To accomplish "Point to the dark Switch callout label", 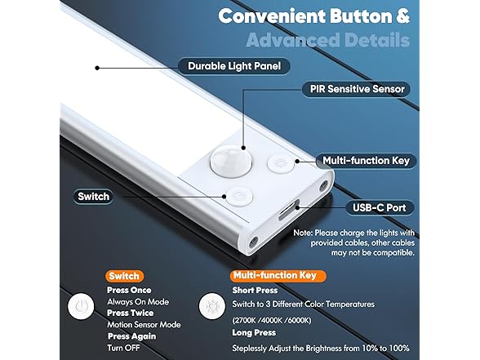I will coord(93,197).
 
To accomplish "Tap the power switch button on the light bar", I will coord(238,197).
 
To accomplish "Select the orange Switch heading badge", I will coord(125,276).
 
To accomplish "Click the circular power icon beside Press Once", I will coord(80,307).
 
